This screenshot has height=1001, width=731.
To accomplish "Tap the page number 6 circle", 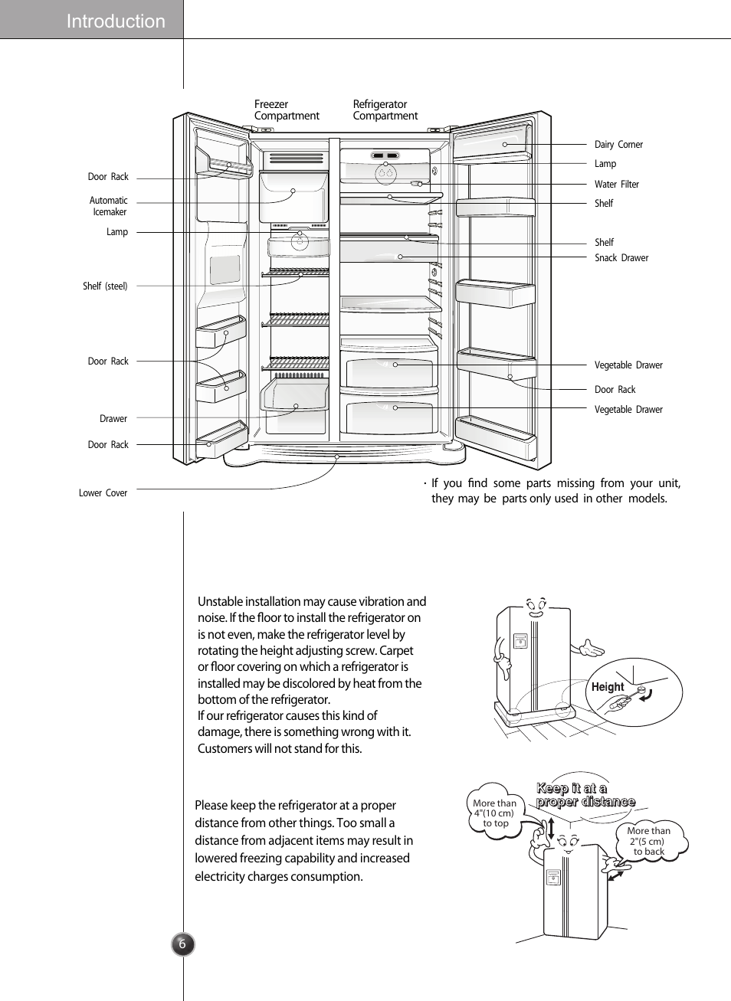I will tap(182, 944).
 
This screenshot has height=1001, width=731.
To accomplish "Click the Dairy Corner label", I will tap(618, 145).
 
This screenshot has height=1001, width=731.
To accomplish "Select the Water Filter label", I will tap(616, 185).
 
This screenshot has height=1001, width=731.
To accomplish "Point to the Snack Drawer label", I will tap(621, 258).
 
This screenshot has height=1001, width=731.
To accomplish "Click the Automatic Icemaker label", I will tap(109, 206).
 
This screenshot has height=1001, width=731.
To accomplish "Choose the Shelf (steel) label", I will tap(105, 286).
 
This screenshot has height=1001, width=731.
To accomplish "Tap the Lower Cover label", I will tap(103, 493).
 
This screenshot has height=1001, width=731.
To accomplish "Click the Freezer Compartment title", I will tap(286, 110).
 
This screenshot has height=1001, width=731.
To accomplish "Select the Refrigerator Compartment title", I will tap(385, 110).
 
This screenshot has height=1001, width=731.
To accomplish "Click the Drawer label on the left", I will tap(113, 419).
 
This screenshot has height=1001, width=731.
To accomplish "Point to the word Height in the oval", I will tap(607, 687).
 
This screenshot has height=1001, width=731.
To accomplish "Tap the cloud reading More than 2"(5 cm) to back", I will tap(649, 841).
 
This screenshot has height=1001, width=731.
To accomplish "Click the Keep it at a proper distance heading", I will tap(585, 795).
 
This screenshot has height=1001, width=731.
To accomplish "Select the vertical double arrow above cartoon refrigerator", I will tap(550, 827).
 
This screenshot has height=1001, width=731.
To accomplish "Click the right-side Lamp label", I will tap(605, 164).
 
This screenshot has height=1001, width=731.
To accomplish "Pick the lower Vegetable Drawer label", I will tap(628, 410).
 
